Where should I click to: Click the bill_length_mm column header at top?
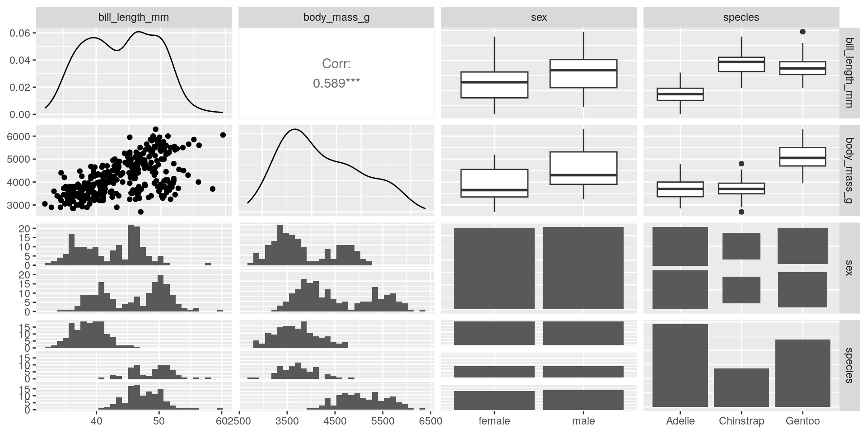click(134, 18)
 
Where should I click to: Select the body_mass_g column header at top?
click(336, 18)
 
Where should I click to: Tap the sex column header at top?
click(539, 18)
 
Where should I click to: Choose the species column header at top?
click(741, 18)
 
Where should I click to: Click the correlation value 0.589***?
click(336, 83)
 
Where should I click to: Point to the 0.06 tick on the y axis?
click(20, 33)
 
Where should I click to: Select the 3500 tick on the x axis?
click(287, 421)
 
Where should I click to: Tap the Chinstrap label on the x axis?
click(741, 421)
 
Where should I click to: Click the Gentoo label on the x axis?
click(802, 421)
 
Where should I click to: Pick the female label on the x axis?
click(494, 421)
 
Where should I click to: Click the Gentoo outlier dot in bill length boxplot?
click(802, 32)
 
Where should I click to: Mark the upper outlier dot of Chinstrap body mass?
click(741, 164)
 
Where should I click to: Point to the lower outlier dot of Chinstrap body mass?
click(741, 212)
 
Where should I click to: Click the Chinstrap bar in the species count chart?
click(741, 387)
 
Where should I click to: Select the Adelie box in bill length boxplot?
click(681, 94)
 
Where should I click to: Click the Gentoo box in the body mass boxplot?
click(802, 157)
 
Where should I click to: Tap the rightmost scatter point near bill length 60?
click(223, 135)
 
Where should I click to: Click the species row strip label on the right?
click(848, 365)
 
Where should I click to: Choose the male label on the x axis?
click(583, 421)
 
